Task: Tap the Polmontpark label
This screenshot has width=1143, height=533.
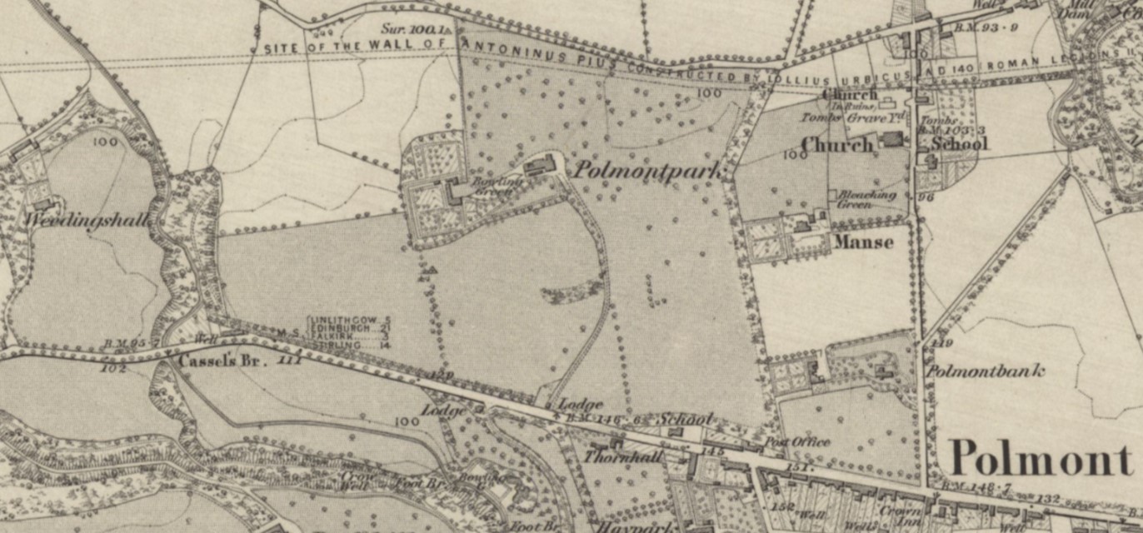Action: click(x=646, y=170)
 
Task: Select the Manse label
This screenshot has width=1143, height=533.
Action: click(x=863, y=242)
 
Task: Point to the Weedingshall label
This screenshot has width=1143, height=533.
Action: click(x=87, y=220)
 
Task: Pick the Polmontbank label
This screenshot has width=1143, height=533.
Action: click(x=985, y=371)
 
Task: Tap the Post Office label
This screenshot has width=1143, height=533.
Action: click(x=797, y=441)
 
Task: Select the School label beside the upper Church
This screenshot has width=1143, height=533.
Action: click(x=958, y=143)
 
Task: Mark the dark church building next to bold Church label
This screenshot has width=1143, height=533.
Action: click(x=891, y=139)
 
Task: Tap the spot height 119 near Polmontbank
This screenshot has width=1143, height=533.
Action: click(x=942, y=343)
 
